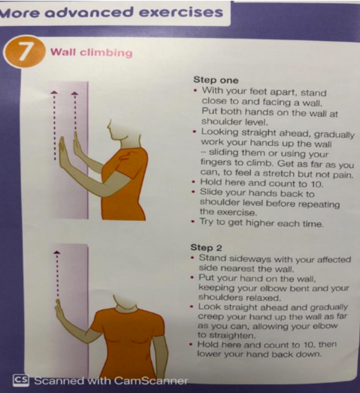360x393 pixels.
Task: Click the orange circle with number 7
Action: pos(24,52)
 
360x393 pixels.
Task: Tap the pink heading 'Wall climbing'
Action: pos(91,53)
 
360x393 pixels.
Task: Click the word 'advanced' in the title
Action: pos(89,12)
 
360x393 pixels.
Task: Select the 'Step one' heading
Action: pos(216,80)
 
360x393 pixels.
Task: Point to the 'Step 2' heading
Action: pos(206,248)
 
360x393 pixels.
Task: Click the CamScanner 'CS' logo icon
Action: pos(21,380)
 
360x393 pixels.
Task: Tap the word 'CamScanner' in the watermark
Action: pos(151,381)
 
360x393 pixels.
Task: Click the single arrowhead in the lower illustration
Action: pos(57,253)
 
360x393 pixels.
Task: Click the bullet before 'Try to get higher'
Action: pos(193,222)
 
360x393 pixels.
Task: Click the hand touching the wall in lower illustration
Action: pos(60,309)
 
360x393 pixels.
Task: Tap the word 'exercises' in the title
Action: pos(181,12)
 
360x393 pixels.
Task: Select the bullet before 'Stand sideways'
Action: pos(192,258)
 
